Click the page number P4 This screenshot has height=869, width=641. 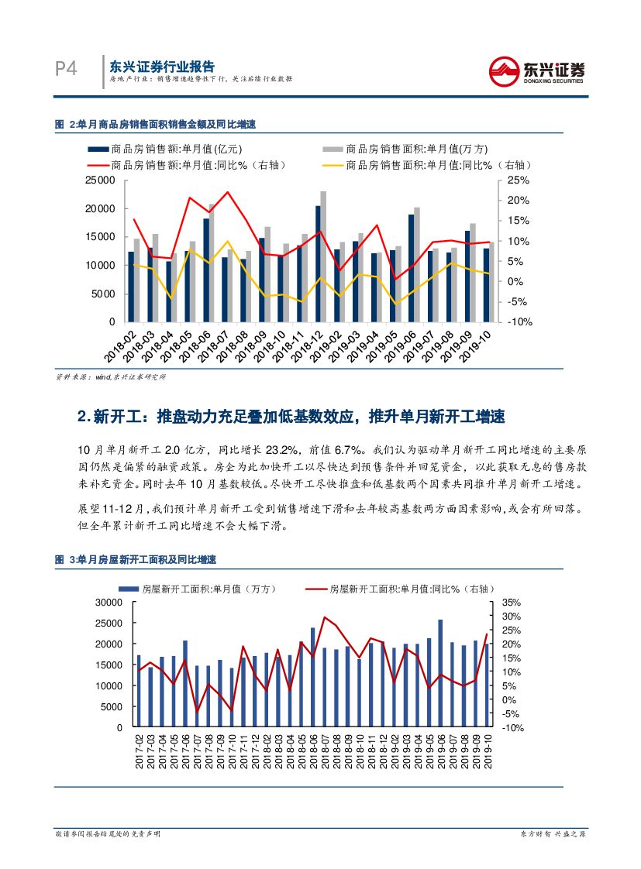point(66,70)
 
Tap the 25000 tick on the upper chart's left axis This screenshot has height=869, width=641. point(100,180)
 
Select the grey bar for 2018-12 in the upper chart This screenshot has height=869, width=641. point(323,256)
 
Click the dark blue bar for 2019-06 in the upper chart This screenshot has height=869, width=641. point(411,268)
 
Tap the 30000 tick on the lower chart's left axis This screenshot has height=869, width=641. point(108,603)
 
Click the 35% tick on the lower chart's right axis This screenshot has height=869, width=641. point(512,603)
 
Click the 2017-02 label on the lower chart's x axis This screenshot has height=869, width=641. point(140,751)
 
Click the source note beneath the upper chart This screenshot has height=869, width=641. point(110,377)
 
